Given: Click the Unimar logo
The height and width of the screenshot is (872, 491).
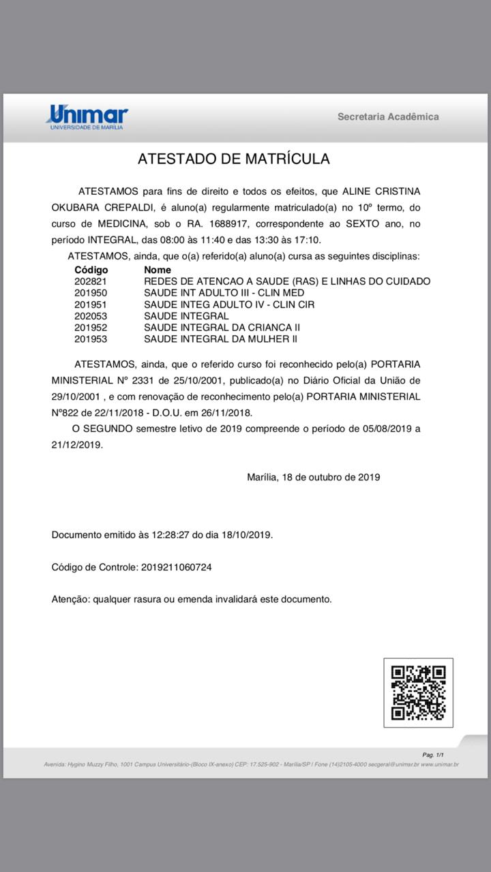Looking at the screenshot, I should pyautogui.click(x=87, y=116).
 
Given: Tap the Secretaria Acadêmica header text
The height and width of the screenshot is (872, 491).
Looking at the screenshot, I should pyautogui.click(x=388, y=116).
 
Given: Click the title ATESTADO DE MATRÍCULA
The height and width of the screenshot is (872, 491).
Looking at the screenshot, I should pyautogui.click(x=234, y=159).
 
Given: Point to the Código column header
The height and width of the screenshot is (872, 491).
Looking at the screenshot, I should pyautogui.click(x=91, y=270).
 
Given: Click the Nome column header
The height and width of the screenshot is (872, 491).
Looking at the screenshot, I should pyautogui.click(x=158, y=270).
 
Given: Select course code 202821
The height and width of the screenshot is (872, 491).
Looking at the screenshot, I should pyautogui.click(x=91, y=281).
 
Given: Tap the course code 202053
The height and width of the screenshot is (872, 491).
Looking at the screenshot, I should pyautogui.click(x=91, y=316).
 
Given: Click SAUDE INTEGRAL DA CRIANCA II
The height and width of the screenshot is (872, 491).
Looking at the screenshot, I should pyautogui.click(x=222, y=328).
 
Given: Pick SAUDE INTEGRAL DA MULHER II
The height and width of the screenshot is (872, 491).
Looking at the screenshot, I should pyautogui.click(x=220, y=339).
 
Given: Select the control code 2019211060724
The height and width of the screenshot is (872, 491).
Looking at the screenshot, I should pyautogui.click(x=177, y=567).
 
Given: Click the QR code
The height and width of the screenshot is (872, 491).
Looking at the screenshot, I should pyautogui.click(x=418, y=692).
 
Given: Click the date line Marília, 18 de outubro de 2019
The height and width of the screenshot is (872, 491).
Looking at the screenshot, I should pyautogui.click(x=313, y=477).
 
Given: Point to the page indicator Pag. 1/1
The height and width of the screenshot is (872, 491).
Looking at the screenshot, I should pyautogui.click(x=433, y=755).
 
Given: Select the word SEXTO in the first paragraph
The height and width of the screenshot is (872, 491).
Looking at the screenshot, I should pyautogui.click(x=366, y=223).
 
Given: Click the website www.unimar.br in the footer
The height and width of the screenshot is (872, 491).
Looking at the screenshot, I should pyautogui.click(x=440, y=764).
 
